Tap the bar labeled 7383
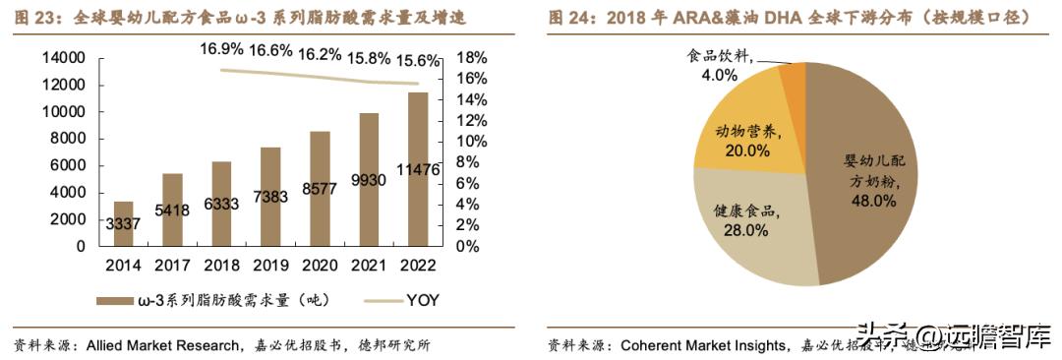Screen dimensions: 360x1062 (x=270, y=197)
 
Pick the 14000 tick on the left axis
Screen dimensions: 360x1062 (x=69, y=59)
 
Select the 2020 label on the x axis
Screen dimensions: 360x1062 (x=320, y=266)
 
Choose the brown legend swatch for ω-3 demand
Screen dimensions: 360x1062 (x=118, y=300)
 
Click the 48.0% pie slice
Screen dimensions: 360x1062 (x=865, y=177)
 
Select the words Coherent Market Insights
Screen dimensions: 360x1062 (x=704, y=345)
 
